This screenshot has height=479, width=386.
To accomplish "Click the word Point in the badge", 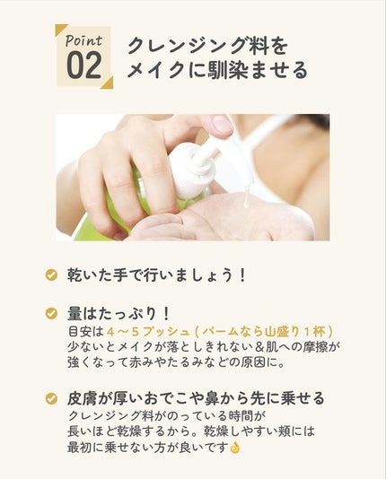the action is click(x=83, y=41).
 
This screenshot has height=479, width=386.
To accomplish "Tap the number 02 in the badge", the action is click(x=84, y=65).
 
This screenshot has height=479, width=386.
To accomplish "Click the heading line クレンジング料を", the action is click(x=207, y=47).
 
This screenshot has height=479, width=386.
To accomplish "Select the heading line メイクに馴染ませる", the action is click(x=217, y=70).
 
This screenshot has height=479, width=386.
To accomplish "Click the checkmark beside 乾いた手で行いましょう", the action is click(x=51, y=275).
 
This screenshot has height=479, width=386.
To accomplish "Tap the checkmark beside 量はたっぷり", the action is click(x=51, y=313).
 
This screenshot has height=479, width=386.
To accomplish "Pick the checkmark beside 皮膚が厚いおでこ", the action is click(x=51, y=398).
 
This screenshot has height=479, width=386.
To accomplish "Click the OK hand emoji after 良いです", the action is click(x=234, y=448).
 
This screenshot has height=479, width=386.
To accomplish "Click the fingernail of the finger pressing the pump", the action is click(x=223, y=124).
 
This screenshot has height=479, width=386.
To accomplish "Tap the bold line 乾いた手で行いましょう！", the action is click(x=156, y=275).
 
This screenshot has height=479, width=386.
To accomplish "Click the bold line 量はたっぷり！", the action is click(x=118, y=314).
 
